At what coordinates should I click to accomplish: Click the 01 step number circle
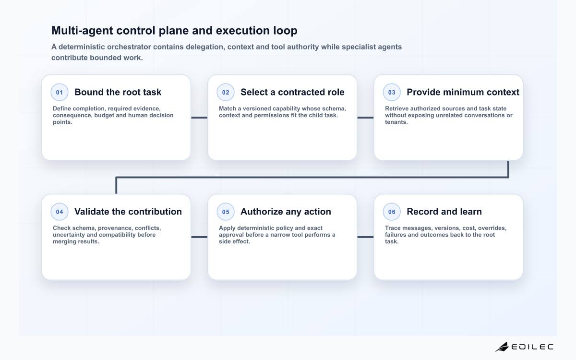[60, 92]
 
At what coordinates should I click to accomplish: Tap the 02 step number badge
[226, 92]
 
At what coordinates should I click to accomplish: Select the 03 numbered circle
[392, 92]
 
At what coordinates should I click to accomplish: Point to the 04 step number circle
[60, 212]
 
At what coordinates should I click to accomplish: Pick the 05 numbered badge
[226, 212]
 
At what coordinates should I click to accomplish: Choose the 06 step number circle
[392, 212]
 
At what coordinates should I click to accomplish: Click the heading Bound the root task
[118, 92]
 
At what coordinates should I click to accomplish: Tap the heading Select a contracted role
[292, 92]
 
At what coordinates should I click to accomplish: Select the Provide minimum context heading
[463, 92]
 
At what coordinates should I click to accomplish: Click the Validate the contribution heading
[128, 212]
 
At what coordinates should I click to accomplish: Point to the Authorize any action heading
[286, 212]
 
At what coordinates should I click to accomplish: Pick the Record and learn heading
[444, 212]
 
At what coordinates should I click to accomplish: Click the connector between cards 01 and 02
[199, 118]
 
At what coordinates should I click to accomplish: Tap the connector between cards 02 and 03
[365, 118]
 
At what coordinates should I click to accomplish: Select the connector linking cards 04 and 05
[199, 237]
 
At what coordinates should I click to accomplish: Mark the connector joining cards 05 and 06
[365, 237]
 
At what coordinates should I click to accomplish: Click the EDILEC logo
[524, 347]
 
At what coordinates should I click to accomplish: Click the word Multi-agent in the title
[82, 31]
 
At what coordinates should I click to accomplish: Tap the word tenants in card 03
[396, 122]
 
